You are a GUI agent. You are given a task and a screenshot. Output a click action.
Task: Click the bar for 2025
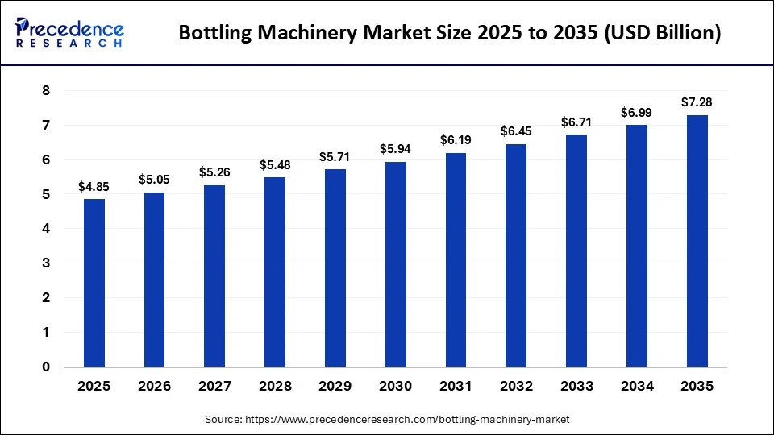pyautogui.click(x=94, y=283)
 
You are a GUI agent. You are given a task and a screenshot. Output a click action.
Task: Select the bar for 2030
pyautogui.click(x=395, y=264)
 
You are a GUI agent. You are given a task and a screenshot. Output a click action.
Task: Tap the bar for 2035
pyautogui.click(x=697, y=241)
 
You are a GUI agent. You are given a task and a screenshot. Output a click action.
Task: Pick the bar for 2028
pyautogui.click(x=274, y=272)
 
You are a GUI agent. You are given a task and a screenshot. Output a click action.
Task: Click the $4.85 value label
pyautogui.click(x=94, y=186)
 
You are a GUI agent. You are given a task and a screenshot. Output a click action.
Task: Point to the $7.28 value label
pyautogui.click(x=697, y=102)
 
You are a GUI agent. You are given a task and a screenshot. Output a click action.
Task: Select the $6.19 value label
pyautogui.click(x=456, y=140)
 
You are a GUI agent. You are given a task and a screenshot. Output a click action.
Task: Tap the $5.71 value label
pyautogui.click(x=335, y=156)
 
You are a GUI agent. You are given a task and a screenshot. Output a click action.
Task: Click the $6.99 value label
pyautogui.click(x=636, y=112)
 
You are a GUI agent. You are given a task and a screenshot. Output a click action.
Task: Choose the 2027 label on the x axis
pyautogui.click(x=214, y=387)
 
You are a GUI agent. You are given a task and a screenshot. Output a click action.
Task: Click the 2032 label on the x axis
pyautogui.click(x=516, y=387)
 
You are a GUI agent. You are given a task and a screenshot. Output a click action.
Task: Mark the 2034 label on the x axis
pyautogui.click(x=636, y=387)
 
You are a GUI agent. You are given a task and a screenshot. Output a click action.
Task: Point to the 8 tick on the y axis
pyautogui.click(x=46, y=91)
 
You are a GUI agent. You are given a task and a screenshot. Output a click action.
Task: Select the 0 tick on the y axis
pyautogui.click(x=46, y=367)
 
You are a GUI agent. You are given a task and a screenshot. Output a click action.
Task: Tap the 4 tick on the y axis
pyautogui.click(x=46, y=229)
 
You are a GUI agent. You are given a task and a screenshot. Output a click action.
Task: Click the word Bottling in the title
pyautogui.click(x=214, y=34)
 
